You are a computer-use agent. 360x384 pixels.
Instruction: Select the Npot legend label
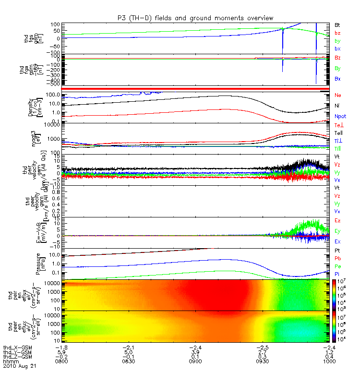[x=340, y=117]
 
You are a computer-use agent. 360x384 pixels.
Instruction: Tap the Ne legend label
[x=338, y=95]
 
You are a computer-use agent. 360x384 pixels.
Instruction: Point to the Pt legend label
[x=337, y=251]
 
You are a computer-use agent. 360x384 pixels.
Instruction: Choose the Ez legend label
[x=338, y=220]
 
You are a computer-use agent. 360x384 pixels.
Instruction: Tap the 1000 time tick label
[x=327, y=361]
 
